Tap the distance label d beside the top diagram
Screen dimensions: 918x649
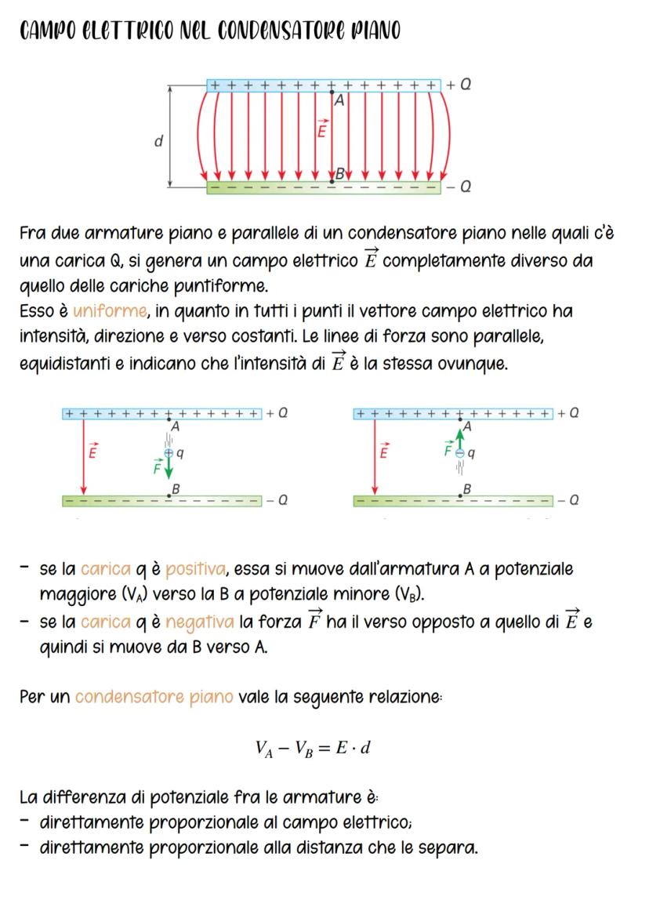click(158, 142)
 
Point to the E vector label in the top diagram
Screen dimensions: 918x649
click(321, 129)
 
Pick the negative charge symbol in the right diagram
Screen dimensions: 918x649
click(461, 452)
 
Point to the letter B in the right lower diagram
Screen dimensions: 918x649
click(468, 488)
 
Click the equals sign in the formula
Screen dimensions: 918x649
click(321, 747)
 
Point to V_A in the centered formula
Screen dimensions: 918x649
click(265, 748)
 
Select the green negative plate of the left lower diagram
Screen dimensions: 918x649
click(161, 501)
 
